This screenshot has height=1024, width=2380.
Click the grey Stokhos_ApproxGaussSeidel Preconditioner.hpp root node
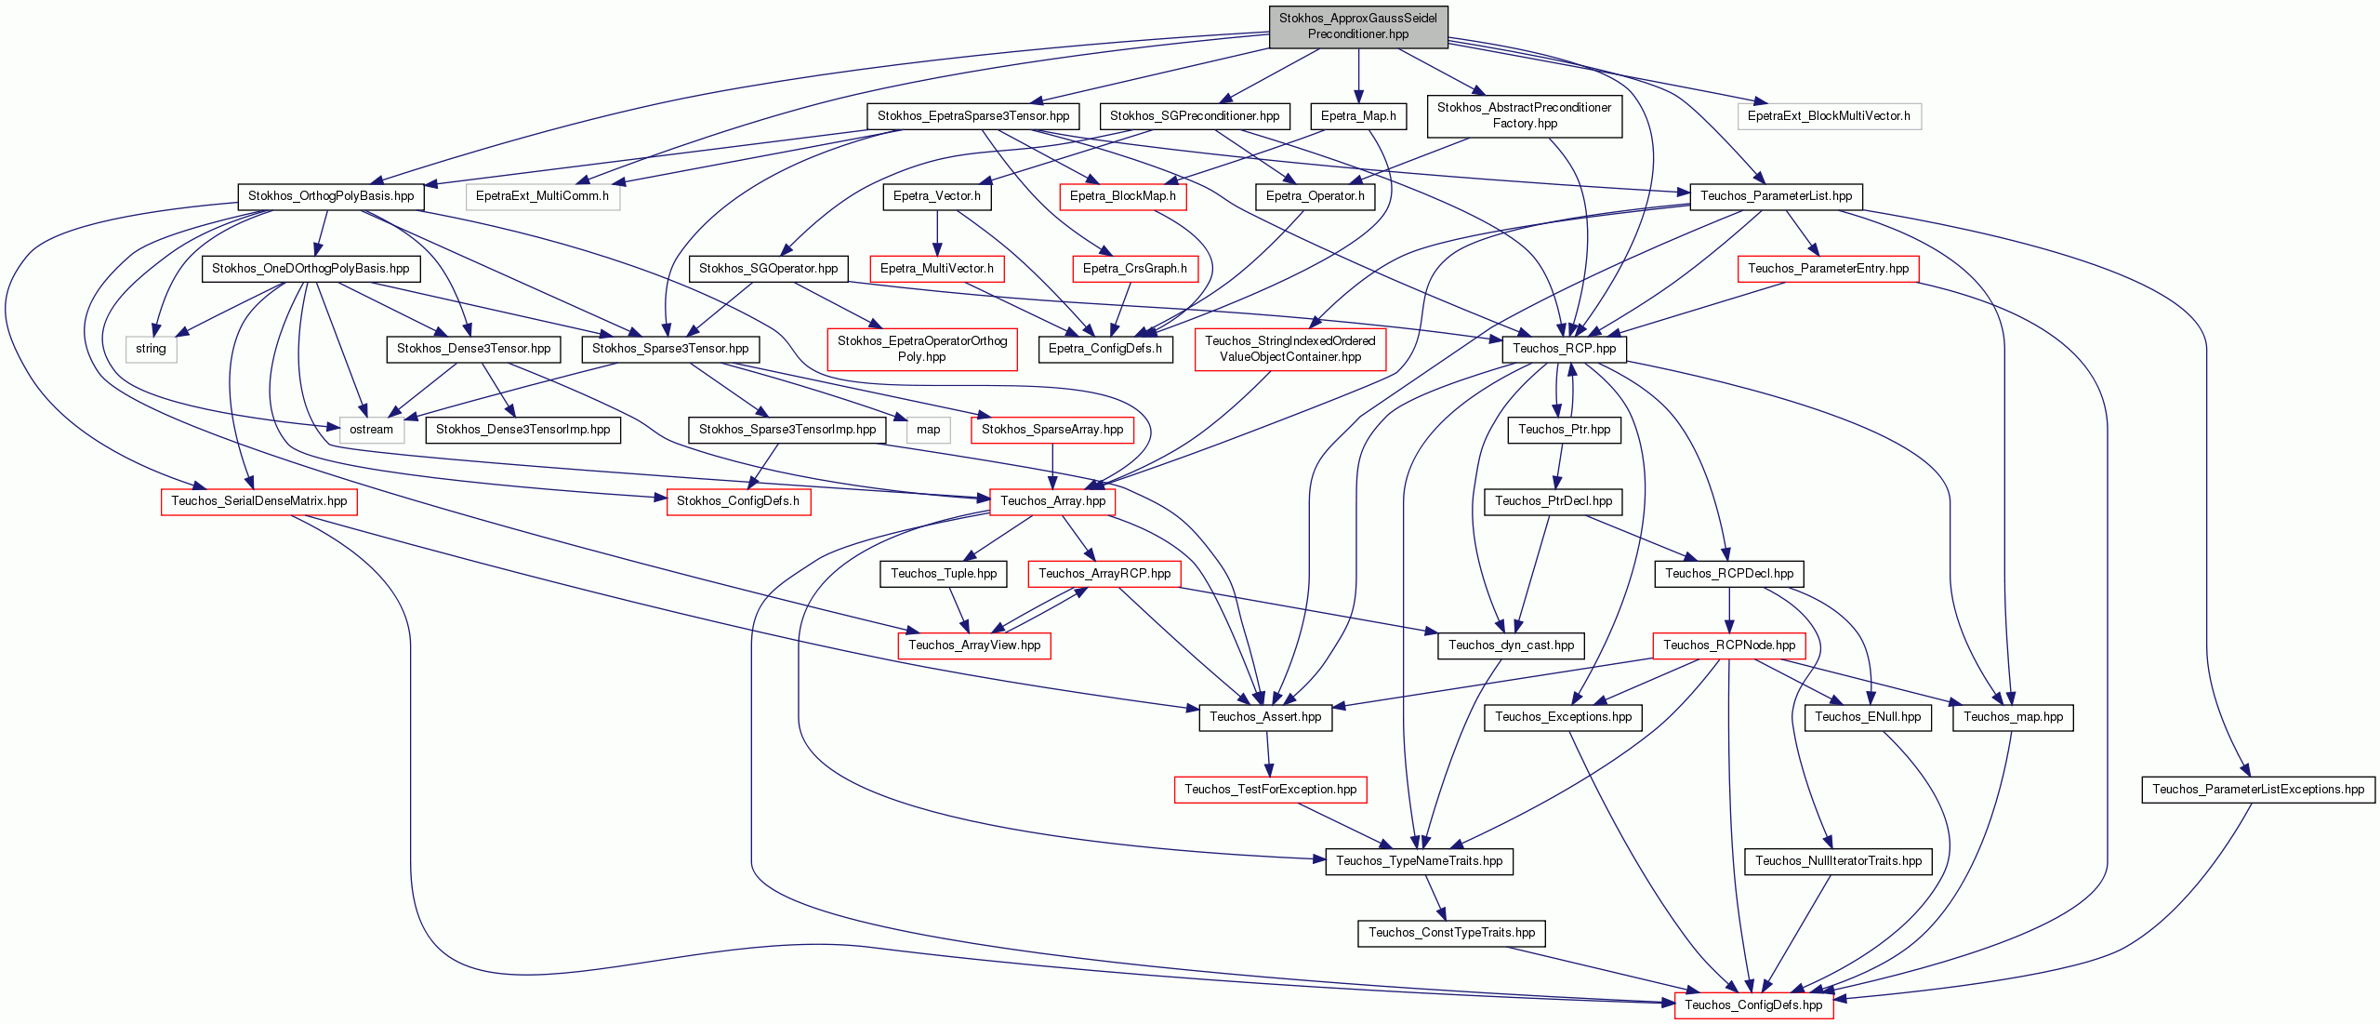coord(1358,26)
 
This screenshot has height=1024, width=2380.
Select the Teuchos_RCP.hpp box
coord(1564,349)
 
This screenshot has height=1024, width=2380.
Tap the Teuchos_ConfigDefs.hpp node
coord(1753,1004)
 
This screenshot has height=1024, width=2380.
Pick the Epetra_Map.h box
coord(1358,116)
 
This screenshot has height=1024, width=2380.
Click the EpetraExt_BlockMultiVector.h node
coord(1829,116)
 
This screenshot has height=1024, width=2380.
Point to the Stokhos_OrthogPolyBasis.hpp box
coord(331,196)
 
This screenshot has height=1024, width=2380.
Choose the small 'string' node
coord(151,349)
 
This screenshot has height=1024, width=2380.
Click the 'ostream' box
coord(372,430)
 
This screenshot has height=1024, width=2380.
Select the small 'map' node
coord(928,430)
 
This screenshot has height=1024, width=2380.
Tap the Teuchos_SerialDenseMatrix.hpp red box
coord(259,501)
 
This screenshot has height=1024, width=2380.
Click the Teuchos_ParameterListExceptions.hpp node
coord(2258,790)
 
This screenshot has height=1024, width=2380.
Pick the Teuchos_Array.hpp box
coord(1052,501)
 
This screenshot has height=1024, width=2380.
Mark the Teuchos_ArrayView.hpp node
coord(974,645)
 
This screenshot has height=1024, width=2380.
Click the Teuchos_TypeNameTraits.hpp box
coord(1419,861)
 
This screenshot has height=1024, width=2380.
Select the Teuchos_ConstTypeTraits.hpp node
coord(1451,933)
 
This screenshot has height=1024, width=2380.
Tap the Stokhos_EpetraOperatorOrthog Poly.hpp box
coord(922,349)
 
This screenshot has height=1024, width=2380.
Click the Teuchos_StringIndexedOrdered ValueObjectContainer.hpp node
coord(1290,349)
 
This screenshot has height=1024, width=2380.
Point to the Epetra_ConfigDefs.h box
coord(1105,349)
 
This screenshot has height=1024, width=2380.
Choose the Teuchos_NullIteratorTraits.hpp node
coord(1838,861)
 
